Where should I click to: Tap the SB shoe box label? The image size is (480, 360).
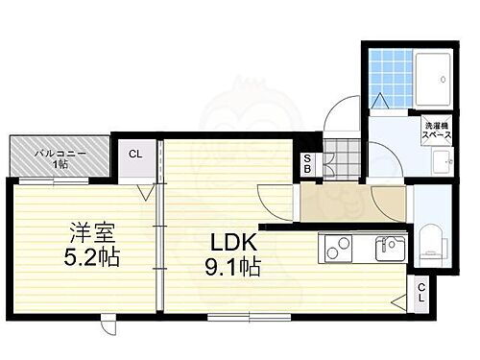point(306,165)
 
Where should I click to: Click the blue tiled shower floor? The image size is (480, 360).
point(389,73)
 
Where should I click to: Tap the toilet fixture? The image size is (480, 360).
point(429,241)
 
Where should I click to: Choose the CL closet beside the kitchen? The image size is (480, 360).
point(422,292)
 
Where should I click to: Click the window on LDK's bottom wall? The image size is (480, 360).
point(248,316)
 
